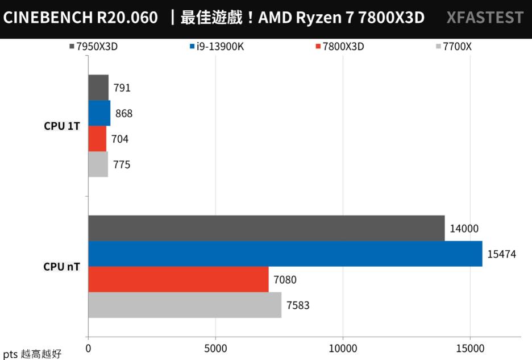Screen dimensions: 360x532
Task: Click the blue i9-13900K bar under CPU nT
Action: tap(285, 254)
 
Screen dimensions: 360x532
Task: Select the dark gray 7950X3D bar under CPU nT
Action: tap(266, 228)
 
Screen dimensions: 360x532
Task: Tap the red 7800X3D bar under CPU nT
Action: tap(178, 279)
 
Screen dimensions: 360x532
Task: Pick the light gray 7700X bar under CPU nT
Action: tap(185, 305)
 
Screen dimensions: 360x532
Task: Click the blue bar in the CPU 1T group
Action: tap(99, 113)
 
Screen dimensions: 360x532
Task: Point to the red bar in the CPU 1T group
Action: tap(97, 139)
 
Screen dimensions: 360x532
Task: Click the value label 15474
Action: tap(501, 254)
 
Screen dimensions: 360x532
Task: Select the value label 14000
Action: tap(464, 229)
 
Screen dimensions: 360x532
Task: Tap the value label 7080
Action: tap(285, 280)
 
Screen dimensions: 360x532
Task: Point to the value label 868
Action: tap(123, 114)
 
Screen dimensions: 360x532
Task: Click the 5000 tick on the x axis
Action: tap(215, 347)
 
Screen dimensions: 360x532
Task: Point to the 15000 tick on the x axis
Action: tap(470, 347)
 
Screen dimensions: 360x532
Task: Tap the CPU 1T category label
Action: tap(62, 126)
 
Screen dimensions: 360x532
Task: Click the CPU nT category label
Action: tap(62, 266)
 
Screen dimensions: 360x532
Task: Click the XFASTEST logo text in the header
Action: tap(485, 18)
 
